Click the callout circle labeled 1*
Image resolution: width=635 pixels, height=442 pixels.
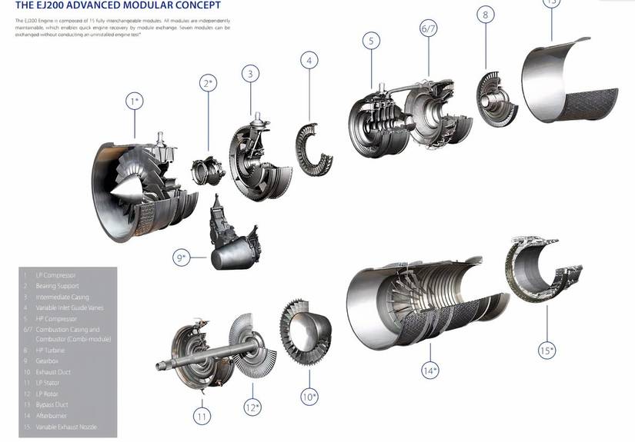[135, 101]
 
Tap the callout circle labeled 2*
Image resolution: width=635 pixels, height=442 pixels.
[207, 82]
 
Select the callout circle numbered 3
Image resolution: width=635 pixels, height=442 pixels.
[249, 74]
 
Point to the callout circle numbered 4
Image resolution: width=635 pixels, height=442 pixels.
[309, 60]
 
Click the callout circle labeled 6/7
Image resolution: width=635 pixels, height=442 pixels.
[429, 28]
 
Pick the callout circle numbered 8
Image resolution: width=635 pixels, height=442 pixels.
[485, 14]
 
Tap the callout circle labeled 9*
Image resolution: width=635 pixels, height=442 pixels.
[182, 258]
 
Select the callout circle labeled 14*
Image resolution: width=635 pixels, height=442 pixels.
[429, 371]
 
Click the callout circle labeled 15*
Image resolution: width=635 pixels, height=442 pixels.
[546, 351]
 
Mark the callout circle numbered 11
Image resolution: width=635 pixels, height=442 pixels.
[202, 416]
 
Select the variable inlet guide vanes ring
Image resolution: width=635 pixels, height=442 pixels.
[314, 151]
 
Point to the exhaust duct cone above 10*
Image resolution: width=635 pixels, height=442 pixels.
[308, 331]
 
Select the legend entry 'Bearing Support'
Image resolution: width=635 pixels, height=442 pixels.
[58, 286]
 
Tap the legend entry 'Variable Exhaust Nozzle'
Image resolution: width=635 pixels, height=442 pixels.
[66, 427]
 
